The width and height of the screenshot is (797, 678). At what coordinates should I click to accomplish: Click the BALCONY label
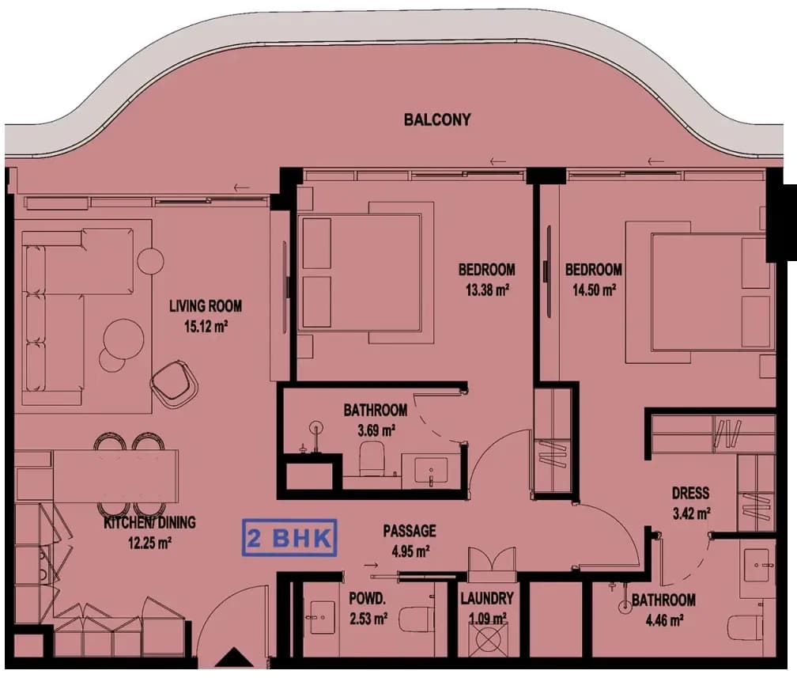pyautogui.click(x=437, y=120)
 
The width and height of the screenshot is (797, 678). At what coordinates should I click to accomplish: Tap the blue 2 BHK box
pyautogui.click(x=289, y=538)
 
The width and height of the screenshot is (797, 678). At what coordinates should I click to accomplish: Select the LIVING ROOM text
pyautogui.click(x=206, y=305)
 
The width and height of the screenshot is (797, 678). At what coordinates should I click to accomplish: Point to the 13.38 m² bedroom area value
pyautogui.click(x=487, y=290)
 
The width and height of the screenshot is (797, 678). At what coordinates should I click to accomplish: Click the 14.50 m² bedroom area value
pyautogui.click(x=595, y=290)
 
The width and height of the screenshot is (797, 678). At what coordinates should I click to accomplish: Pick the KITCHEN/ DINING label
pyautogui.click(x=149, y=522)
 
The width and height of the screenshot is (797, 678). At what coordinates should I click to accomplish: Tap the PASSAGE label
pyautogui.click(x=410, y=531)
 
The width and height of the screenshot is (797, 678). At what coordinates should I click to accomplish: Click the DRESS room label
pyautogui.click(x=690, y=493)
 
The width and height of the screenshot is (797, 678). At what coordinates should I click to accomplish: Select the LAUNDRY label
pyautogui.click(x=487, y=599)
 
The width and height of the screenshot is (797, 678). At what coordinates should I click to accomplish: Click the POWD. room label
pyautogui.click(x=367, y=599)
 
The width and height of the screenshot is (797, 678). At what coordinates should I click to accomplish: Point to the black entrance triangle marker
pyautogui.click(x=233, y=657)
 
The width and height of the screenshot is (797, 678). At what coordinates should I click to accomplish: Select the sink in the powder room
pyautogui.click(x=322, y=617)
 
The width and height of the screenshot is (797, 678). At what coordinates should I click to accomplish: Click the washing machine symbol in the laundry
pyautogui.click(x=487, y=639)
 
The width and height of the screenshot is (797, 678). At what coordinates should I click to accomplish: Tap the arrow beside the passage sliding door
pyautogui.click(x=371, y=565)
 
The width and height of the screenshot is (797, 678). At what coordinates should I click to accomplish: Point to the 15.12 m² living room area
pyautogui.click(x=206, y=326)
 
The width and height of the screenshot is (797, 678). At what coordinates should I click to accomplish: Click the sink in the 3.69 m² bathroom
pyautogui.click(x=432, y=470)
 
